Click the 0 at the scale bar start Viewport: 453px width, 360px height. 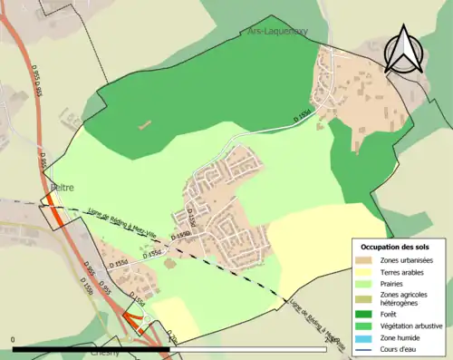point(14,339)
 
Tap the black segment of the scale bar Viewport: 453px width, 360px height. point(91,348)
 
